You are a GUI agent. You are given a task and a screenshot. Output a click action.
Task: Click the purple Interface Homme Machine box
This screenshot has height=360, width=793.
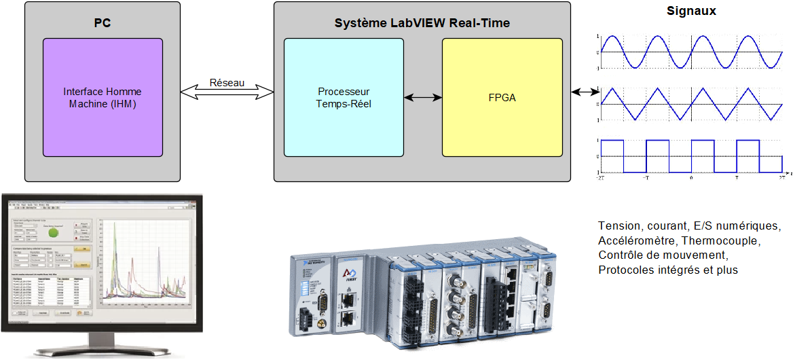point(103,97)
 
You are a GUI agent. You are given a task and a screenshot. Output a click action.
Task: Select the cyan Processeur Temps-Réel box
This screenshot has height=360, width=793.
point(344,97)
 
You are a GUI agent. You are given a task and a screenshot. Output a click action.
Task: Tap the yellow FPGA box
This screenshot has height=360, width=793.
point(502,97)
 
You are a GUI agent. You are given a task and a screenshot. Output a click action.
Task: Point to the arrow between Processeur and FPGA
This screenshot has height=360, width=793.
point(423,98)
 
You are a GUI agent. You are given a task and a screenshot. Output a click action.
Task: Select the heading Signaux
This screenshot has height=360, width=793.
point(691,12)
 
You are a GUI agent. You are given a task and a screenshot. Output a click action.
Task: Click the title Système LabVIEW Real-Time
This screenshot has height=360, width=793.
point(422,23)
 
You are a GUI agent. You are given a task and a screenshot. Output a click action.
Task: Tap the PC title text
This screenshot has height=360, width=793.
point(103,23)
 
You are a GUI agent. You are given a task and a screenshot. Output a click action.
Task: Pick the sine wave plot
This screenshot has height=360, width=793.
point(690,52)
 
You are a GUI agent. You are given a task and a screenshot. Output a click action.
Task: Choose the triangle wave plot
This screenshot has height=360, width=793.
point(690,104)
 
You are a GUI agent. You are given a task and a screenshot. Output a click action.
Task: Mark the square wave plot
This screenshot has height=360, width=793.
point(690,156)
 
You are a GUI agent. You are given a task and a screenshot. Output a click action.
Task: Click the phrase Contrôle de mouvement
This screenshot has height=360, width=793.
point(663,255)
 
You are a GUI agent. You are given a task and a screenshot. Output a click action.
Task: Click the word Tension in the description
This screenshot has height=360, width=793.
point(618,226)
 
